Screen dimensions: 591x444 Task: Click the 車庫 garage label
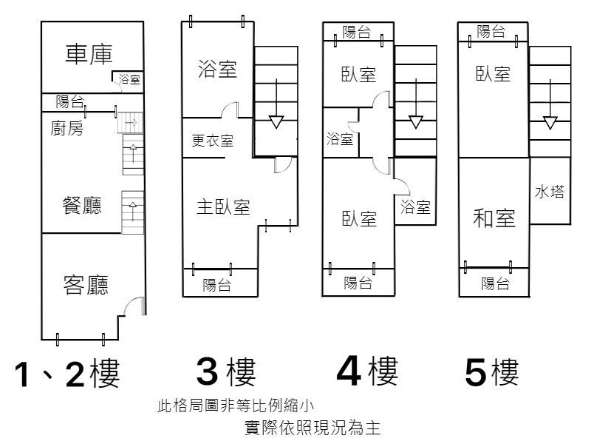click(x=89, y=54)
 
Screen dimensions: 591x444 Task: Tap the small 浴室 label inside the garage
click(x=129, y=79)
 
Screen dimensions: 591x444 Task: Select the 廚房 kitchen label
click(x=66, y=128)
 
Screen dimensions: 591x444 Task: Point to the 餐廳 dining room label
click(x=82, y=206)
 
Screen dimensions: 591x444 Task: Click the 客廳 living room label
click(x=86, y=285)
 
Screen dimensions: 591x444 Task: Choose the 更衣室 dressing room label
click(x=213, y=141)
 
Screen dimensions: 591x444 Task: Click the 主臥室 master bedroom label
click(x=224, y=207)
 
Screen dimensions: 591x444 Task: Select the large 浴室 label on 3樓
click(x=217, y=69)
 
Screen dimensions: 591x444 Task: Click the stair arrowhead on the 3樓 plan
click(x=276, y=122)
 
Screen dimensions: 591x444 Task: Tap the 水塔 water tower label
click(x=550, y=192)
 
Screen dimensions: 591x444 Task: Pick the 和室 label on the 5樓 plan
click(x=494, y=218)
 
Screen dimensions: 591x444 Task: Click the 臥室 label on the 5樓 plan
click(x=493, y=74)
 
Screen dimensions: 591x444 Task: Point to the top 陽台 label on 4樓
click(x=357, y=32)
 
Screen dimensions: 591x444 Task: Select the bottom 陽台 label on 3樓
click(x=216, y=285)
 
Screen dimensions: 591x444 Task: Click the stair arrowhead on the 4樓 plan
click(x=416, y=122)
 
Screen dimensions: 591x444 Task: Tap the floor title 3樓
click(x=226, y=372)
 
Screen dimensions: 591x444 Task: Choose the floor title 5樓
click(x=492, y=372)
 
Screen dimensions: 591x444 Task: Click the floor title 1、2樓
click(x=67, y=373)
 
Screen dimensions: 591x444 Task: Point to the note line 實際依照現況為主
click(x=312, y=428)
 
